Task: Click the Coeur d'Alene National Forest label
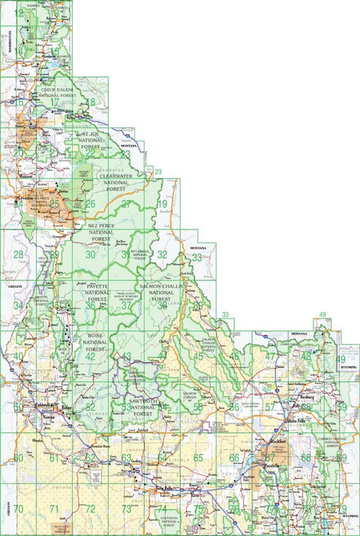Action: point(57,91)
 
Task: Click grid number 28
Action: point(18,255)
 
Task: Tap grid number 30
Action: point(90,255)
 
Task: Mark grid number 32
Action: point(162,255)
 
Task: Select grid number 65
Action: point(198,457)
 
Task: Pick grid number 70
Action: point(18,509)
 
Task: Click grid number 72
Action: point(90,509)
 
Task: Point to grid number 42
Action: point(90,356)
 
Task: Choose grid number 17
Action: point(54,102)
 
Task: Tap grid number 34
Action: point(18,305)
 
